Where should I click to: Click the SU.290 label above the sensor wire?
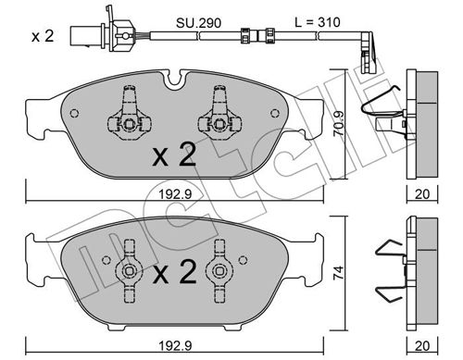[198, 23]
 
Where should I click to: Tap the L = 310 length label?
[317, 22]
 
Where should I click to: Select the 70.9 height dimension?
[339, 123]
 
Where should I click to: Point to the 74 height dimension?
[339, 273]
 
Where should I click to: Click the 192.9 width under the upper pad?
[175, 194]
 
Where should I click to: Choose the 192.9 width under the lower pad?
[175, 346]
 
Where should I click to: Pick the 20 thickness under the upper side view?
[422, 194]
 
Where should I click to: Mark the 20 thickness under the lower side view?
[422, 346]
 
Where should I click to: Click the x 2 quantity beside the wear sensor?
[43, 36]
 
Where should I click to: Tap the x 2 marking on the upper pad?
[174, 155]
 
